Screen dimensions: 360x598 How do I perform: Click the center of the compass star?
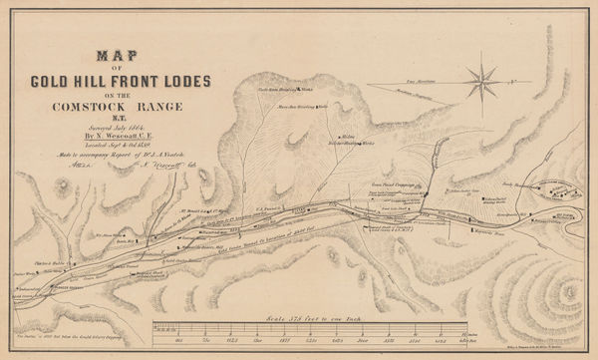[483, 79]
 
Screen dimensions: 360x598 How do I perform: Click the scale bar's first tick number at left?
[161, 340]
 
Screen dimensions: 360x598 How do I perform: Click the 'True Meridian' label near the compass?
[399, 79]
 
